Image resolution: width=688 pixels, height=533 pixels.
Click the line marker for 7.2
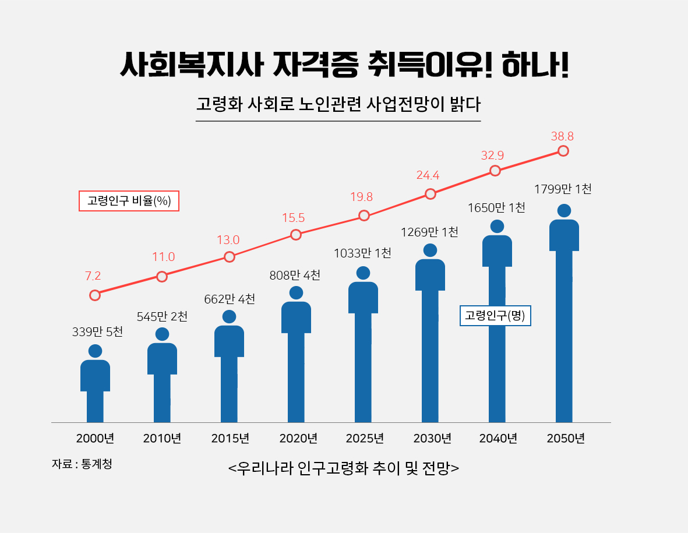95,295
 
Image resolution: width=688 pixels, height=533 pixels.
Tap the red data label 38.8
562,137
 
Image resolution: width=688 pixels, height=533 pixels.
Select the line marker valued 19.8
364,216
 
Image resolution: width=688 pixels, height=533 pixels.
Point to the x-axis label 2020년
298,439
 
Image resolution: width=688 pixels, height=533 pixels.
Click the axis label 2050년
566,439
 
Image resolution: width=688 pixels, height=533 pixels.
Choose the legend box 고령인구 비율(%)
129,201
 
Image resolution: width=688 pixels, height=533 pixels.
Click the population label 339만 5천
98,332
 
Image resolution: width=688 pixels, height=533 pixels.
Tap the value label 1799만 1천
563,189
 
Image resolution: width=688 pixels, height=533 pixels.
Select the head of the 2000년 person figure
95,351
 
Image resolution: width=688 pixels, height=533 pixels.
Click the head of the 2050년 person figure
564,211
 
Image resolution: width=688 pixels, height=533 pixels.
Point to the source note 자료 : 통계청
82,464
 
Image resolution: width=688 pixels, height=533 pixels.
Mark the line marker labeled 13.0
230,257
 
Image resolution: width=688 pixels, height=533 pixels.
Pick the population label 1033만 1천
362,253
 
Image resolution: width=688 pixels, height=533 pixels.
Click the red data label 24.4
428,175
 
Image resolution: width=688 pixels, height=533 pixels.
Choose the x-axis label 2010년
162,439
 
